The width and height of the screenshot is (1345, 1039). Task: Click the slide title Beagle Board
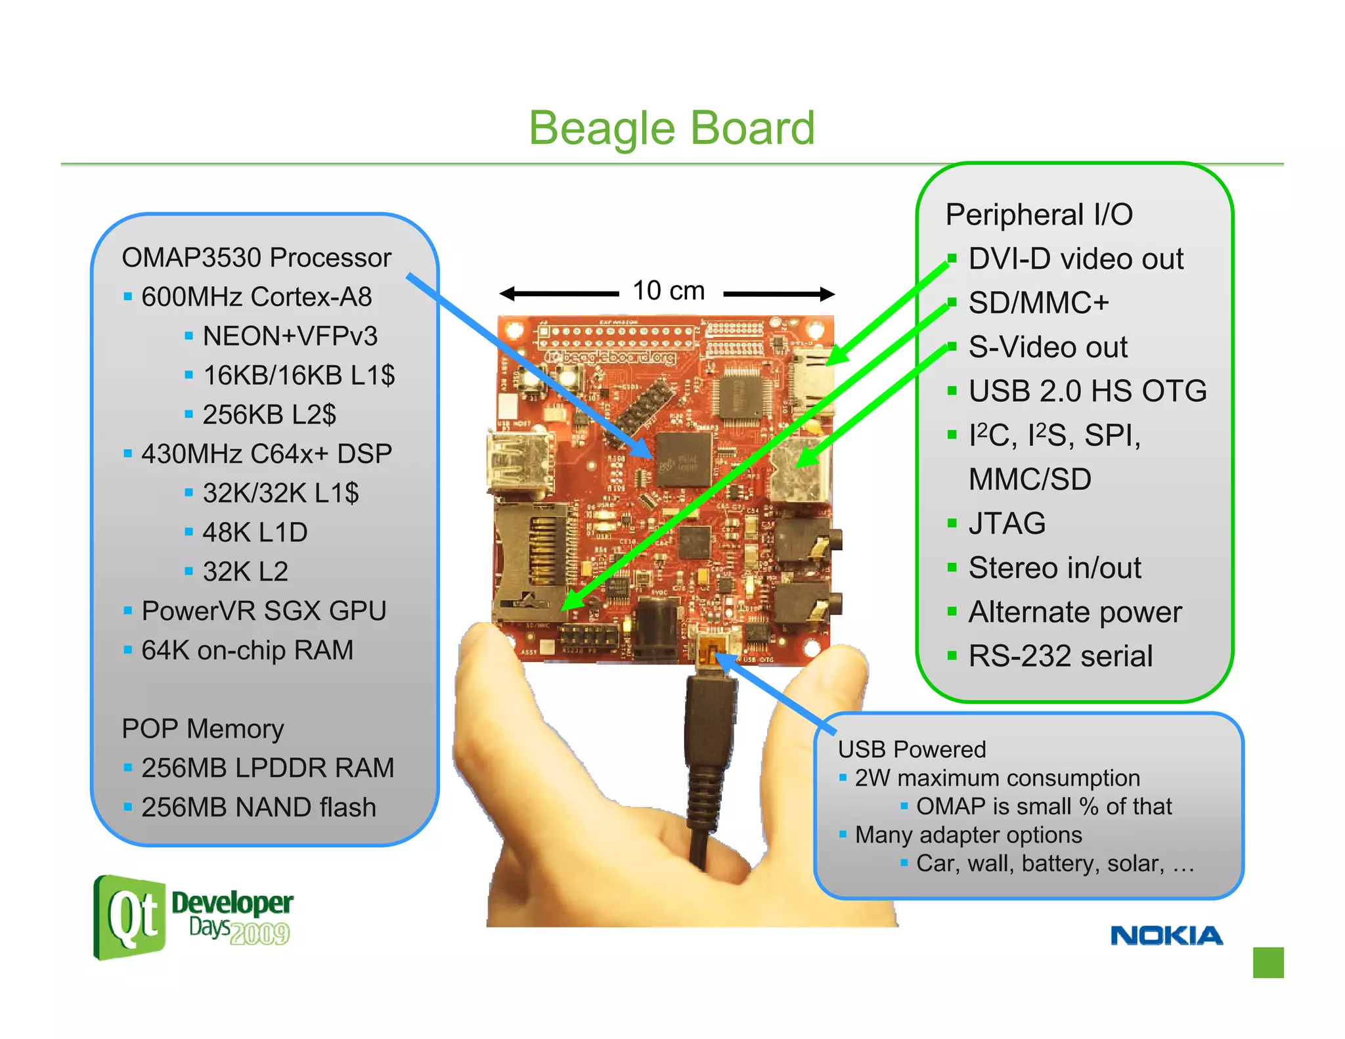click(x=671, y=127)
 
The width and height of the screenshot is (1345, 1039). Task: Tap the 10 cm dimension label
click(x=668, y=291)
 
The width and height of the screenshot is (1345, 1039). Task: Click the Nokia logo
click(x=1166, y=935)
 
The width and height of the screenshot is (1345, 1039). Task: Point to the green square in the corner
click(x=1268, y=962)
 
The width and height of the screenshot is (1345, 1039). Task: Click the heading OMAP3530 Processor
click(x=256, y=257)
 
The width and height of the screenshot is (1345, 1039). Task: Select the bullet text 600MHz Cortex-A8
click(x=256, y=297)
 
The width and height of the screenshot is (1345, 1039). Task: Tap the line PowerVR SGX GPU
click(x=263, y=611)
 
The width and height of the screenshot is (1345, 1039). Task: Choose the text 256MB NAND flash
click(x=259, y=807)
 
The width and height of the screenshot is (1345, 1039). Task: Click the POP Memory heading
click(x=202, y=728)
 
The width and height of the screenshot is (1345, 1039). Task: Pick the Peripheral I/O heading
click(x=1039, y=215)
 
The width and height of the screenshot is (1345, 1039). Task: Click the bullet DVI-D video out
click(x=1075, y=259)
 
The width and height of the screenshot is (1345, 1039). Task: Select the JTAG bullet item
click(x=1006, y=523)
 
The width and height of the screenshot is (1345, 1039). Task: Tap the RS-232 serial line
click(x=1060, y=656)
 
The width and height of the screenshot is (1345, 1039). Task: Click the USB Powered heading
click(x=912, y=749)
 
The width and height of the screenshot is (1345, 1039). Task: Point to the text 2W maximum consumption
click(x=997, y=778)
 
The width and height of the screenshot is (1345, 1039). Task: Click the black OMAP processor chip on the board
click(x=684, y=460)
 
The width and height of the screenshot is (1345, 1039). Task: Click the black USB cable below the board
click(x=708, y=755)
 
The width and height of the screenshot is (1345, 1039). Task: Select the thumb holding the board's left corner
click(x=489, y=663)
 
